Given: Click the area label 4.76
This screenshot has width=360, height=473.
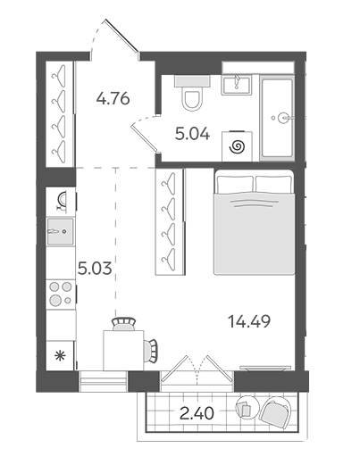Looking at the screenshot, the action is coord(113,99).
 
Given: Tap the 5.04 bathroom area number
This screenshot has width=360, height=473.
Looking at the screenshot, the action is coord(192,134).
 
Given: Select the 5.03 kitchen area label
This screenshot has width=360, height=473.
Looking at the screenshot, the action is coord(95,268).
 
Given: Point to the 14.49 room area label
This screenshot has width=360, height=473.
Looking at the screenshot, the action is coord(249,321).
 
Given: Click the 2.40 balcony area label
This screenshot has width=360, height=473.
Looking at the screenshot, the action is coord(197,413).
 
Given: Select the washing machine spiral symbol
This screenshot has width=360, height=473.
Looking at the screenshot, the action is coord(237,147).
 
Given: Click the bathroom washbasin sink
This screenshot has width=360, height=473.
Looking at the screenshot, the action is coord(237,85).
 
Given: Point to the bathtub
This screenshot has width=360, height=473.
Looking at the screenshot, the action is coord(277,118).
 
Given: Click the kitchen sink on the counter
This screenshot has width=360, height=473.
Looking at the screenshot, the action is coord(61,231).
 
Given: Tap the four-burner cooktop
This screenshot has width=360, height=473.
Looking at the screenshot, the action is coord(61,295).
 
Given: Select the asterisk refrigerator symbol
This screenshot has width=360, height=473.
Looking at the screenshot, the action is coord(60,356).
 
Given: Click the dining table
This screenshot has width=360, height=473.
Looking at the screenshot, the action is coord(123,350).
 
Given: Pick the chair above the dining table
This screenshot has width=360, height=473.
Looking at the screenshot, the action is coord(123,324).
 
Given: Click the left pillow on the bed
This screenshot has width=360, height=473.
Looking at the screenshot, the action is coord(235,185).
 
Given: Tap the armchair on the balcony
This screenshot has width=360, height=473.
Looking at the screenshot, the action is coord(275,411).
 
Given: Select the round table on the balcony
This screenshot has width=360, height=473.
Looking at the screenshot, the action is coord(247,407).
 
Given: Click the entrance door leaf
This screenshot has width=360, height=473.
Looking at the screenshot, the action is coord(121,36).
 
